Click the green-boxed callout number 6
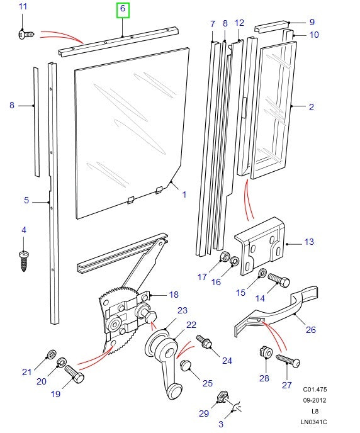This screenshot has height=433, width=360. (x=123, y=9)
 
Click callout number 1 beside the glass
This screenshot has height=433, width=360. (x=184, y=195)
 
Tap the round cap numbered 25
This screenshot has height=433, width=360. (x=186, y=366)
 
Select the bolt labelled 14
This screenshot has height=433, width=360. (x=277, y=278)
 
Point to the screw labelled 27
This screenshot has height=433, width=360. (x=288, y=361)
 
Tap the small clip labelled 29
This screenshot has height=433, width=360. (x=222, y=397)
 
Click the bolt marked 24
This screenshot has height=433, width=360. (x=205, y=342)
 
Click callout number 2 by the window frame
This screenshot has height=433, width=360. (x=311, y=107)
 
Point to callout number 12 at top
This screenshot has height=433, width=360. (x=239, y=23)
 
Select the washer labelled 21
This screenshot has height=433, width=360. (x=51, y=352)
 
